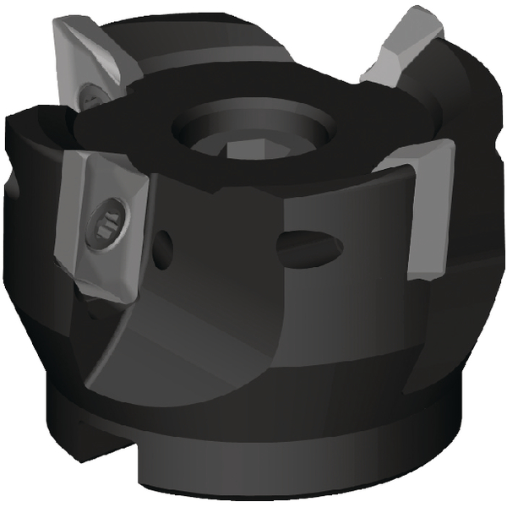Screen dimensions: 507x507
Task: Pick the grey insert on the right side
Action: click(427, 211)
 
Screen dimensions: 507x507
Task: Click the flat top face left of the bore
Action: click(127, 127)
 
